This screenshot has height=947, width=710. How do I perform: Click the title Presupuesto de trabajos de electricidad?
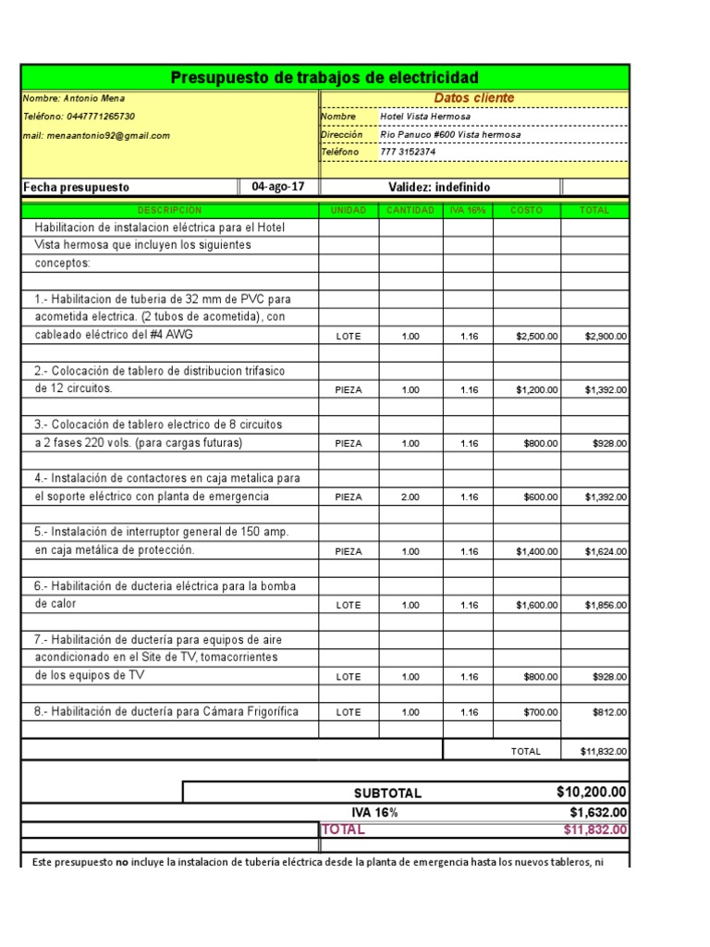click(324, 78)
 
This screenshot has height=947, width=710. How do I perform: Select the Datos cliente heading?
click(474, 98)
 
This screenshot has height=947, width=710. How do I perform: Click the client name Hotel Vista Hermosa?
click(425, 117)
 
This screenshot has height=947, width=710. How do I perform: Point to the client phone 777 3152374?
click(408, 152)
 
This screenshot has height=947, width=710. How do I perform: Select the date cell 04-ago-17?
click(278, 187)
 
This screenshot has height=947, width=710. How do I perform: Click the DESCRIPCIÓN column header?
click(169, 211)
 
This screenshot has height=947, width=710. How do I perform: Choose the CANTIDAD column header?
click(410, 211)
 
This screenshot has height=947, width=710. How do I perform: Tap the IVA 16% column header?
click(468, 211)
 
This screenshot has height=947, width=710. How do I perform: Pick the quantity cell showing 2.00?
click(410, 498)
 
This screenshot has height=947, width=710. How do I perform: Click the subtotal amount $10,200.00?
click(592, 793)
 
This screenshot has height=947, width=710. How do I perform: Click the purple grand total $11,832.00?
click(595, 830)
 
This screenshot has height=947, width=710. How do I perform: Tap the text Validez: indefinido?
click(439, 187)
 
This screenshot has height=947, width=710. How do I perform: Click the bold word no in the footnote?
click(121, 863)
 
